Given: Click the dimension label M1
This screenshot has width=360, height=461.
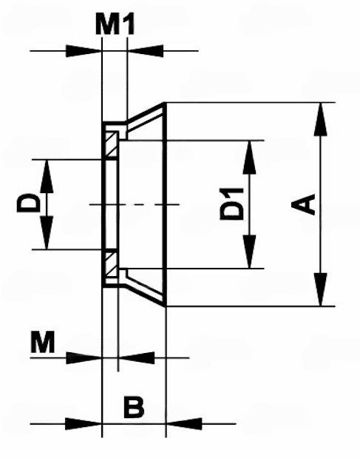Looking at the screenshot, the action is (115, 24).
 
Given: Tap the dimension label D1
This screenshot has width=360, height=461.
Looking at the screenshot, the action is (232, 204).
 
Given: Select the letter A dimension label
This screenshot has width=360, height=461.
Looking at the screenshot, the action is (303, 204).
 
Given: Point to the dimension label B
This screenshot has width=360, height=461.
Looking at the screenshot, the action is (134, 407).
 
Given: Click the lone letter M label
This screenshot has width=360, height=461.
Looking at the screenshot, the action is (43, 342).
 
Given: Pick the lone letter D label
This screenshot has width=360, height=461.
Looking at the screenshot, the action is (29, 203).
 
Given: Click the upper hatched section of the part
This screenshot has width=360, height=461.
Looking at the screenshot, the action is (112, 144).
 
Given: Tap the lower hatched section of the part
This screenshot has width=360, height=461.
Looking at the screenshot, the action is (112, 264).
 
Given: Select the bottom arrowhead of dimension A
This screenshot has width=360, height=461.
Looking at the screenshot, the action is (320, 289).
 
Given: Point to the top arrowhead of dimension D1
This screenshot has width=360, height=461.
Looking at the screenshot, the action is (249, 158).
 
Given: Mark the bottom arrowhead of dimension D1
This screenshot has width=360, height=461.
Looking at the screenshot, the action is (249, 252).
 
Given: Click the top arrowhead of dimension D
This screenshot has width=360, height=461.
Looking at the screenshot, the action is (47, 176).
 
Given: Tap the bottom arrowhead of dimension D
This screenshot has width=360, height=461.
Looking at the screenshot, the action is (47, 232).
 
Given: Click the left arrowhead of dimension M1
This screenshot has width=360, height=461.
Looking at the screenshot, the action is (84, 51).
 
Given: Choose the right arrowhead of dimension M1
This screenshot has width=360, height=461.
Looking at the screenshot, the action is (146, 51).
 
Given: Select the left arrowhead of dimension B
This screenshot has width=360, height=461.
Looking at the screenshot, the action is (84, 424).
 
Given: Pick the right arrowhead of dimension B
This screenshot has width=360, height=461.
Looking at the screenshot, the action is (184, 424).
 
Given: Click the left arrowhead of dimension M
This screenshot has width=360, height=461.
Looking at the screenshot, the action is (84, 358).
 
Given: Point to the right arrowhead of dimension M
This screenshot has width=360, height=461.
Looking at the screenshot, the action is (137, 358).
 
